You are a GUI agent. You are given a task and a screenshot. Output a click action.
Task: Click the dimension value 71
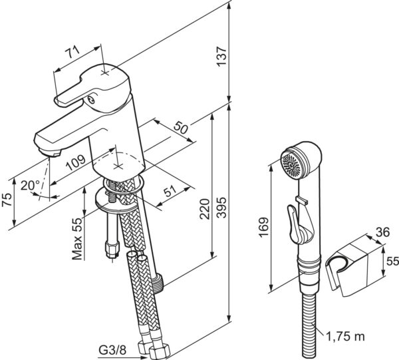(72, 52)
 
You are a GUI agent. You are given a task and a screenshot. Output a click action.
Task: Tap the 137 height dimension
(221, 57)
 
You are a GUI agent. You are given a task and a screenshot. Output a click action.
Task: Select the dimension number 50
(181, 127)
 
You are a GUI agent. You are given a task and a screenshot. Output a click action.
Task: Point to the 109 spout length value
(76, 162)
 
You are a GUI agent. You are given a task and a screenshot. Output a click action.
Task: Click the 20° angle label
(31, 185)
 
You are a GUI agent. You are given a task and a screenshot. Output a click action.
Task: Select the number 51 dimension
(170, 192)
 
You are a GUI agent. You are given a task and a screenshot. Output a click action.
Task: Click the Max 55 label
(78, 238)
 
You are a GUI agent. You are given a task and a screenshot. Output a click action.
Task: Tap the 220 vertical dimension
(204, 209)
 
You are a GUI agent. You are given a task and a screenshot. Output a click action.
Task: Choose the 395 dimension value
(221, 207)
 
